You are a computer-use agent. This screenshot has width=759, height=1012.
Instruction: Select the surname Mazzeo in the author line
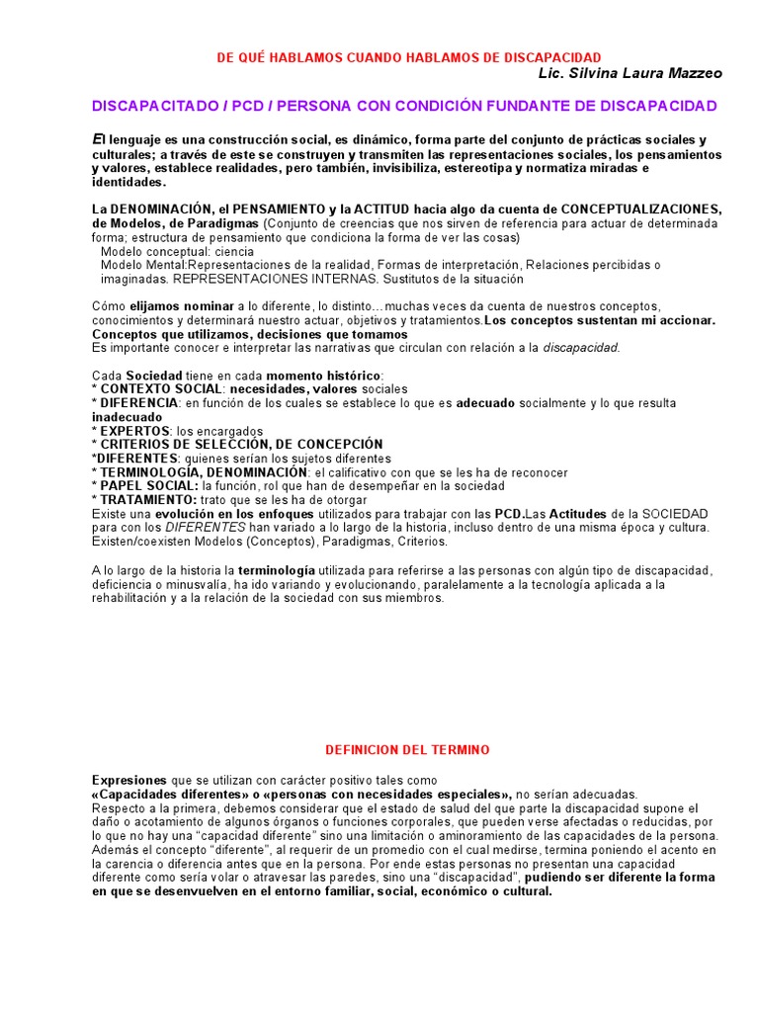tap(698, 73)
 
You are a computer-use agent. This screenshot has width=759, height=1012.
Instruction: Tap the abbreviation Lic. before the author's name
tap(552, 73)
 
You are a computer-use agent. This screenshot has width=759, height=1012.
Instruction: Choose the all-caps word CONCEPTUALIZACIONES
tap(641, 210)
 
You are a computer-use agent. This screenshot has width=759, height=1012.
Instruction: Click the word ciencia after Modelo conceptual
tap(234, 251)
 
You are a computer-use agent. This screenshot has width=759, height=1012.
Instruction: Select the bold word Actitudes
tap(584, 514)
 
